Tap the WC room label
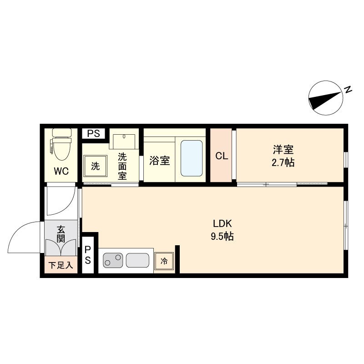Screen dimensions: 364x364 [x=61, y=172]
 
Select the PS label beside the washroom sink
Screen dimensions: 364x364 [x=94, y=133]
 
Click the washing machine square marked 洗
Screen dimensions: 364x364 [x=96, y=166]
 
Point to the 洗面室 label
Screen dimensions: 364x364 [x=122, y=166]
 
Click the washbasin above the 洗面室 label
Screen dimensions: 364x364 [x=124, y=142]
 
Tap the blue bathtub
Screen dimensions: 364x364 [x=192, y=158]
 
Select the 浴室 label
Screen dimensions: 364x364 [x=160, y=161]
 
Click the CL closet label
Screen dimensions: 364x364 [x=222, y=156]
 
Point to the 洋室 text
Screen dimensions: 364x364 [x=283, y=150]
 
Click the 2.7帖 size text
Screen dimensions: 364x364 [x=283, y=162]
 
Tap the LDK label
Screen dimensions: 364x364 [x=222, y=223]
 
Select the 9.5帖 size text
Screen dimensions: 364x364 [x=222, y=236]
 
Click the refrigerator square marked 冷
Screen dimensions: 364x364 [x=164, y=261]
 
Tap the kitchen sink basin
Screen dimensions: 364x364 [x=137, y=260]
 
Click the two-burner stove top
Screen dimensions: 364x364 [x=113, y=260]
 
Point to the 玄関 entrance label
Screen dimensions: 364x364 [x=61, y=234]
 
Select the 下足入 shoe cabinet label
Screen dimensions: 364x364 [x=61, y=265]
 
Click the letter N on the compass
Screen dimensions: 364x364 [x=348, y=90]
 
